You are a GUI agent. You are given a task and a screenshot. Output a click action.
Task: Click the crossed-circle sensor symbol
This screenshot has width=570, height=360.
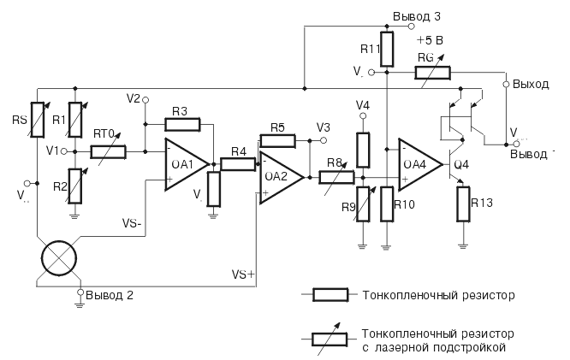click(x=57, y=258)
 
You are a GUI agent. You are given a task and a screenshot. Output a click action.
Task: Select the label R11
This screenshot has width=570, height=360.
click(x=369, y=50)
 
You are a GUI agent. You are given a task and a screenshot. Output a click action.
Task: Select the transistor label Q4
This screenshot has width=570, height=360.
click(x=460, y=164)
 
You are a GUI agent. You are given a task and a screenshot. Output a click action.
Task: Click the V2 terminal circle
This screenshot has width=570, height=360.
click(x=145, y=99)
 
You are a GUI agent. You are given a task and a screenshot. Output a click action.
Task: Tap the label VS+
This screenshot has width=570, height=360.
click(x=244, y=274)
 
